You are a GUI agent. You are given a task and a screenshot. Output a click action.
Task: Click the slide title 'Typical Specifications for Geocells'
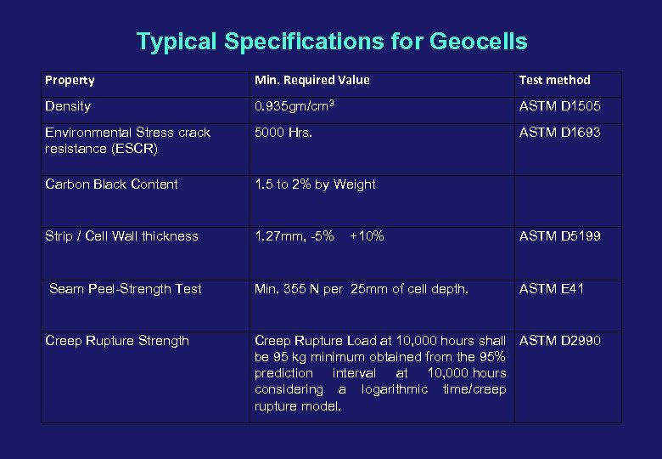(x=332, y=42)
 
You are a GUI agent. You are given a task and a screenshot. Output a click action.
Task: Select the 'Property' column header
(x=70, y=81)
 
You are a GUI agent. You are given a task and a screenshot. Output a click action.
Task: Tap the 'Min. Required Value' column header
(x=311, y=81)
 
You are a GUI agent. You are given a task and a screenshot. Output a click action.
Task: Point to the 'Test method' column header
(x=554, y=81)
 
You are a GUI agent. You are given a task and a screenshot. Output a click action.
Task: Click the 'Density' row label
(x=68, y=107)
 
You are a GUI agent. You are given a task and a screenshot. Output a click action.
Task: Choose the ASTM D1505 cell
(x=559, y=107)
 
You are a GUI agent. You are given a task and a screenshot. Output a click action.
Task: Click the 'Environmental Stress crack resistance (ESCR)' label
(x=127, y=140)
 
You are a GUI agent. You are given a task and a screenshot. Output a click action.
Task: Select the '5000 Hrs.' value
(x=283, y=133)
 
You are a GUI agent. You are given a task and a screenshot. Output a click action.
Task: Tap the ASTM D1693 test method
(x=559, y=133)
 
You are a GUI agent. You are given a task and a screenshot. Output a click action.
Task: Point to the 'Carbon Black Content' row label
(x=111, y=184)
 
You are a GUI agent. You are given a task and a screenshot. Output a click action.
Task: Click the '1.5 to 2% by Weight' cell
(x=315, y=184)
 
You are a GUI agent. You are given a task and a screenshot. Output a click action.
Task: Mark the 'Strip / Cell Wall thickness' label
(x=121, y=236)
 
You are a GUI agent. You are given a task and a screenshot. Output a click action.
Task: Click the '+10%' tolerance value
(x=367, y=236)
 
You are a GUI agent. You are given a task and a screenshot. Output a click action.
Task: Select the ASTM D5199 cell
(x=559, y=236)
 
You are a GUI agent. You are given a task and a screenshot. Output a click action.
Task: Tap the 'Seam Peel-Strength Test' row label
(x=126, y=289)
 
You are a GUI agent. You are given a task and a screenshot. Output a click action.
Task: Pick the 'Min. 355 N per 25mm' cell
(x=361, y=289)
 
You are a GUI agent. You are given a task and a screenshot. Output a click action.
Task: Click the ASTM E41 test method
(x=551, y=289)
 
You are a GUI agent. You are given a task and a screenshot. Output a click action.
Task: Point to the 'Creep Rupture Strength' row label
(x=117, y=341)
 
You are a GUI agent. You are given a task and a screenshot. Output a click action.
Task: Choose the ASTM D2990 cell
(x=559, y=341)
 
